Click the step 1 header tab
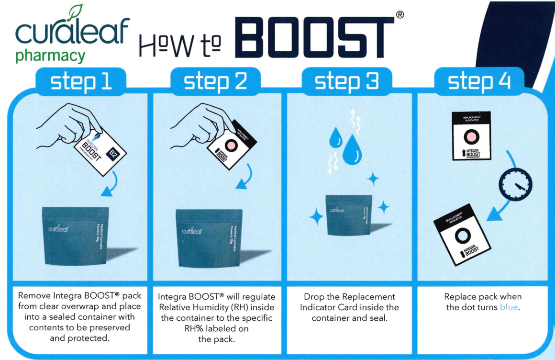click(x=81, y=82)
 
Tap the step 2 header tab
click(x=215, y=82)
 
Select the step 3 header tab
click(x=347, y=82)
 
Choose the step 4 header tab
click(x=479, y=82)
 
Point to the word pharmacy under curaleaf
click(x=50, y=56)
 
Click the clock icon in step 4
click(x=516, y=183)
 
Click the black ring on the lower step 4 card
click(x=463, y=236)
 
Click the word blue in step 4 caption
click(x=509, y=307)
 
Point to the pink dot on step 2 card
click(x=230, y=144)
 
